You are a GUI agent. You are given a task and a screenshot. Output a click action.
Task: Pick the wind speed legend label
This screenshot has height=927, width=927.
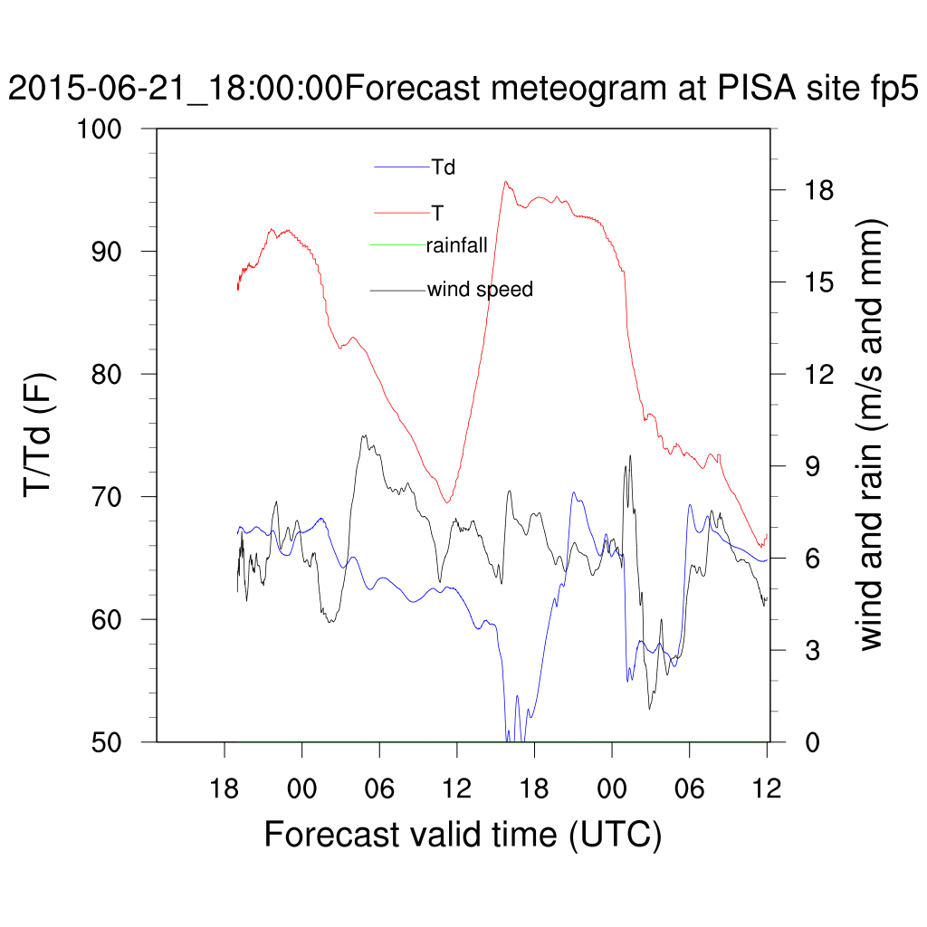click(480, 290)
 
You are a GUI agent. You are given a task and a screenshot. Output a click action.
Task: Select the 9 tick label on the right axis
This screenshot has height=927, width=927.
click(806, 466)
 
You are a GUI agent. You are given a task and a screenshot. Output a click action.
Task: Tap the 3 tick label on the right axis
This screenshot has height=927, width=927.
click(806, 650)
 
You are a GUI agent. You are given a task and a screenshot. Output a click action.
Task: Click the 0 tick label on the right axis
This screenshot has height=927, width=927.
click(806, 741)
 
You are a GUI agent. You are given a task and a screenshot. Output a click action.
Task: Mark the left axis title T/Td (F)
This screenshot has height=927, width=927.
click(41, 435)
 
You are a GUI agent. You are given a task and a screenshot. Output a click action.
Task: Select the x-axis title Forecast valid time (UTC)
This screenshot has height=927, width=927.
click(463, 834)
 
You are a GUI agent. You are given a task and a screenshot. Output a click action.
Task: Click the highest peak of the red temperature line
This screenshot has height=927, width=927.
click(506, 182)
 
